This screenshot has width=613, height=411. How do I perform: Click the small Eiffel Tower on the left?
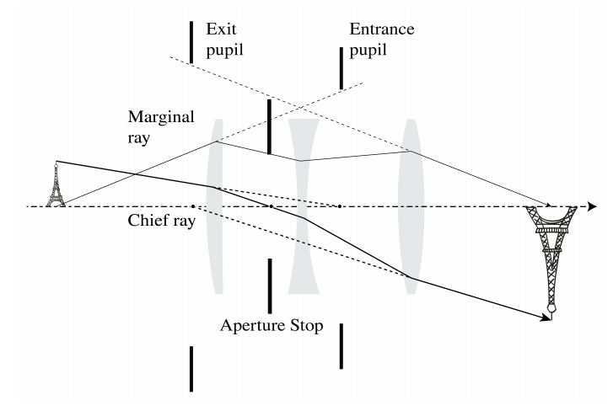point(56,184)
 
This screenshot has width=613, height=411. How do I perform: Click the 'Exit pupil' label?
point(225,40)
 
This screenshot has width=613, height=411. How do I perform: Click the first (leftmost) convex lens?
point(217,206)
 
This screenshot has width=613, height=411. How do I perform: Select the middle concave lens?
point(302,206)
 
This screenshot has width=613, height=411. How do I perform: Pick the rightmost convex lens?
point(411,206)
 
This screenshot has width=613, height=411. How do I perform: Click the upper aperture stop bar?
point(269,127)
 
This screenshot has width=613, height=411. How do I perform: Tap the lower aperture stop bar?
point(269,285)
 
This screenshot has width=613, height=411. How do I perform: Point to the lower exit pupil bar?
point(191,368)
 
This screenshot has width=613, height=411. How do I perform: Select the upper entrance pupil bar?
point(341,68)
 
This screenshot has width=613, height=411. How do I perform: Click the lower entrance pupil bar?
point(341,345)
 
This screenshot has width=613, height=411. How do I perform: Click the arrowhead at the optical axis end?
point(594,206)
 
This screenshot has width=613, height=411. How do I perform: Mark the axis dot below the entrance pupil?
point(339,206)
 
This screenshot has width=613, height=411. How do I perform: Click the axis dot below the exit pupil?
point(193,206)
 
